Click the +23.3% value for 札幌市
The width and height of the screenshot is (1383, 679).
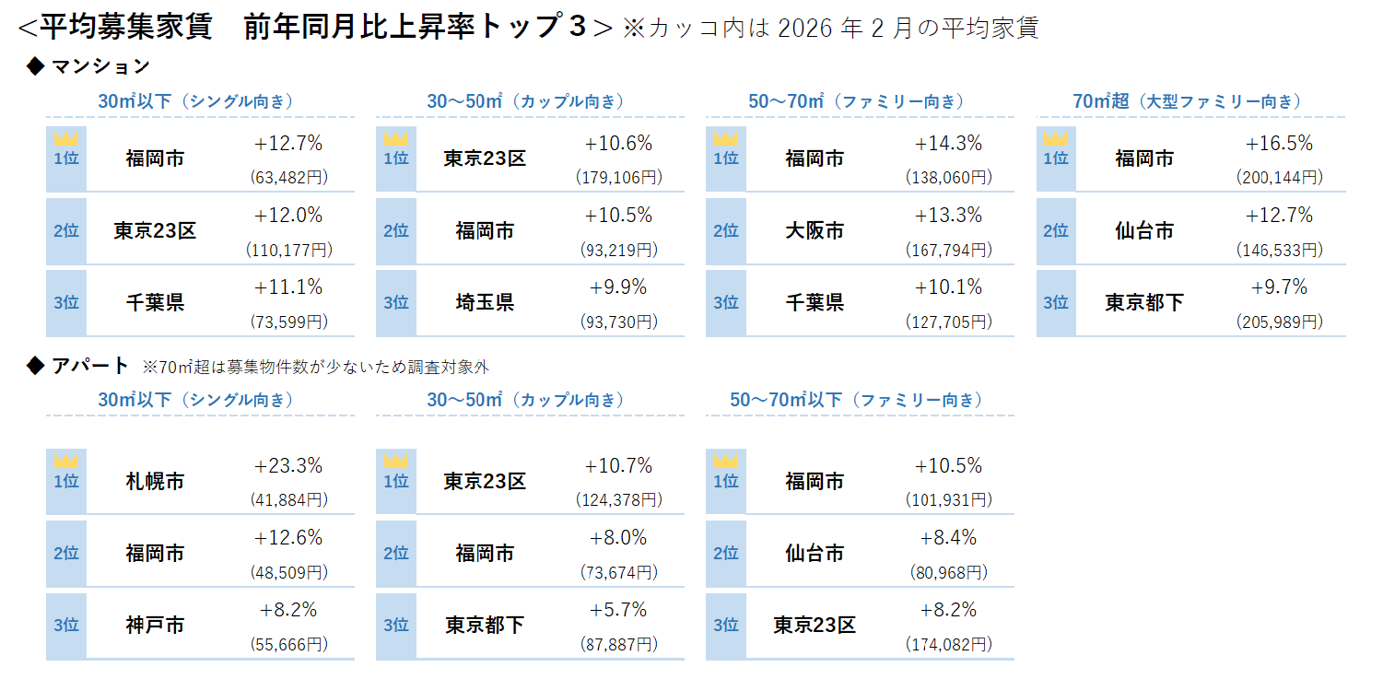[x=288, y=466]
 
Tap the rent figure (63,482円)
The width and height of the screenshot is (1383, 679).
[x=288, y=177]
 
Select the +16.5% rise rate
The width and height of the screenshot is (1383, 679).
[x=1279, y=144]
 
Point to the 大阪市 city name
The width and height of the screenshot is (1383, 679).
[x=815, y=230]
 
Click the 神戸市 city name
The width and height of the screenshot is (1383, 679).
[x=155, y=626]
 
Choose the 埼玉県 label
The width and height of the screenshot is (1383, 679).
[x=485, y=302]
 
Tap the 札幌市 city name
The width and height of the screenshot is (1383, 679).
[x=155, y=481]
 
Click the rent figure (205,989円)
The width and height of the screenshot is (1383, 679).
[x=1279, y=322]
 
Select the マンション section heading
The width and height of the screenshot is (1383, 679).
[x=100, y=66]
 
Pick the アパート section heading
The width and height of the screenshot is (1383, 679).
[x=90, y=366]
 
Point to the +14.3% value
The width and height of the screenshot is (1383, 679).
[x=948, y=144]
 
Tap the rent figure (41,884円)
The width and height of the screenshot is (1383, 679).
[x=288, y=499]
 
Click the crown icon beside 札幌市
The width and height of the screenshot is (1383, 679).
[x=66, y=461]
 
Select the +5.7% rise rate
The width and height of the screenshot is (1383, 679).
[x=618, y=610]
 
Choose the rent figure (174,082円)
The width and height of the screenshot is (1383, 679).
[x=948, y=644]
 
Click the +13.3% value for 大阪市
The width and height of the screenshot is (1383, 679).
[x=948, y=216]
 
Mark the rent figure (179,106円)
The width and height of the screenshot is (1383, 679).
[x=618, y=177]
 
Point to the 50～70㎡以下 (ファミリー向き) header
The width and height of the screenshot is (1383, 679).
[x=856, y=400]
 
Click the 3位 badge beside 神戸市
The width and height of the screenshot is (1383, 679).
[x=66, y=626]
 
